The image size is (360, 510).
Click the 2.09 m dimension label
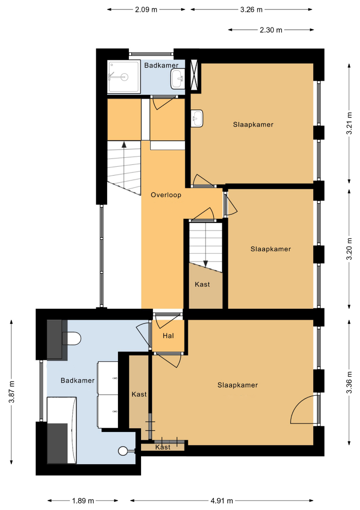(146, 10)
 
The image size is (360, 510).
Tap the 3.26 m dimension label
(251, 10)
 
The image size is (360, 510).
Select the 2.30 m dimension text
(271, 30)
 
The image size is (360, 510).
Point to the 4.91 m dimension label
(222, 501)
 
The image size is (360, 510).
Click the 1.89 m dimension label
(83, 501)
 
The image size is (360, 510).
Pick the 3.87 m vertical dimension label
(12, 391)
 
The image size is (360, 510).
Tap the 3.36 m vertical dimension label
(349, 382)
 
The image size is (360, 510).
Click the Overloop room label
(166, 195)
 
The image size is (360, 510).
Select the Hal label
(168, 336)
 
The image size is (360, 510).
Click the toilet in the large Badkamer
(71, 339)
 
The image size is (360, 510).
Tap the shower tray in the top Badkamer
(124, 77)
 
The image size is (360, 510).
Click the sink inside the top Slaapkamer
(197, 118)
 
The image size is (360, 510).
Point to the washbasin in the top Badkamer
(178, 78)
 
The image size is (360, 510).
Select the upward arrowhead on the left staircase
(124, 145)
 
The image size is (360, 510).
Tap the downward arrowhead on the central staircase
(205, 264)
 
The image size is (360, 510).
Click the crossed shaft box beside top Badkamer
(194, 75)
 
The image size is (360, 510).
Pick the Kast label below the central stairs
(202, 284)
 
